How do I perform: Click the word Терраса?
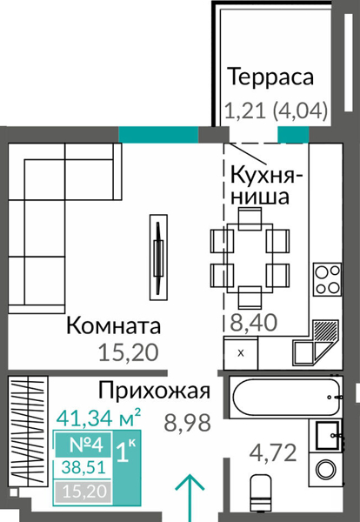(270, 77)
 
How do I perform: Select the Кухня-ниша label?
(266, 184)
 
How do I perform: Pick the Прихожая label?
(155, 391)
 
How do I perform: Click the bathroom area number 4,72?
(269, 452)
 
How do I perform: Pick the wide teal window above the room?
(157, 135)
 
